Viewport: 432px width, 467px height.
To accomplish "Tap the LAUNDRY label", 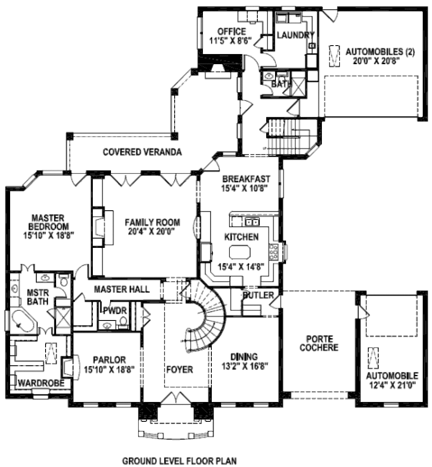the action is tap(295, 35).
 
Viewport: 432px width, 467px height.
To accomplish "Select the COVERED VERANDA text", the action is tap(142, 152).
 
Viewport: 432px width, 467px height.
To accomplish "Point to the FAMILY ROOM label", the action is tap(152, 222).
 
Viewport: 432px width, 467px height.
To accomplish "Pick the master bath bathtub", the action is tap(22, 321).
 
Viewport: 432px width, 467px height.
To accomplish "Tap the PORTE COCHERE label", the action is tap(319, 343).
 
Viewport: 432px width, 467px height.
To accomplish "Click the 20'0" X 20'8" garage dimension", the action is tap(376, 61).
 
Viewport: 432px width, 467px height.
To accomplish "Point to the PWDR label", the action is tap(115, 311).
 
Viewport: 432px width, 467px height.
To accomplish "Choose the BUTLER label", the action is tap(258, 295).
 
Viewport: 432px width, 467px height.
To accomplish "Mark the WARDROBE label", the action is tap(41, 383).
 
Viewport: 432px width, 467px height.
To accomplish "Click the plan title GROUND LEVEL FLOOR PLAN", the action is tap(180, 461).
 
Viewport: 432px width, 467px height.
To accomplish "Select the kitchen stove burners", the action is tap(273, 252).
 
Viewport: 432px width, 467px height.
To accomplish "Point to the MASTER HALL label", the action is tap(121, 289).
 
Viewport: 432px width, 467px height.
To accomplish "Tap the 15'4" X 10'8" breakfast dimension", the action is tap(245, 188).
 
